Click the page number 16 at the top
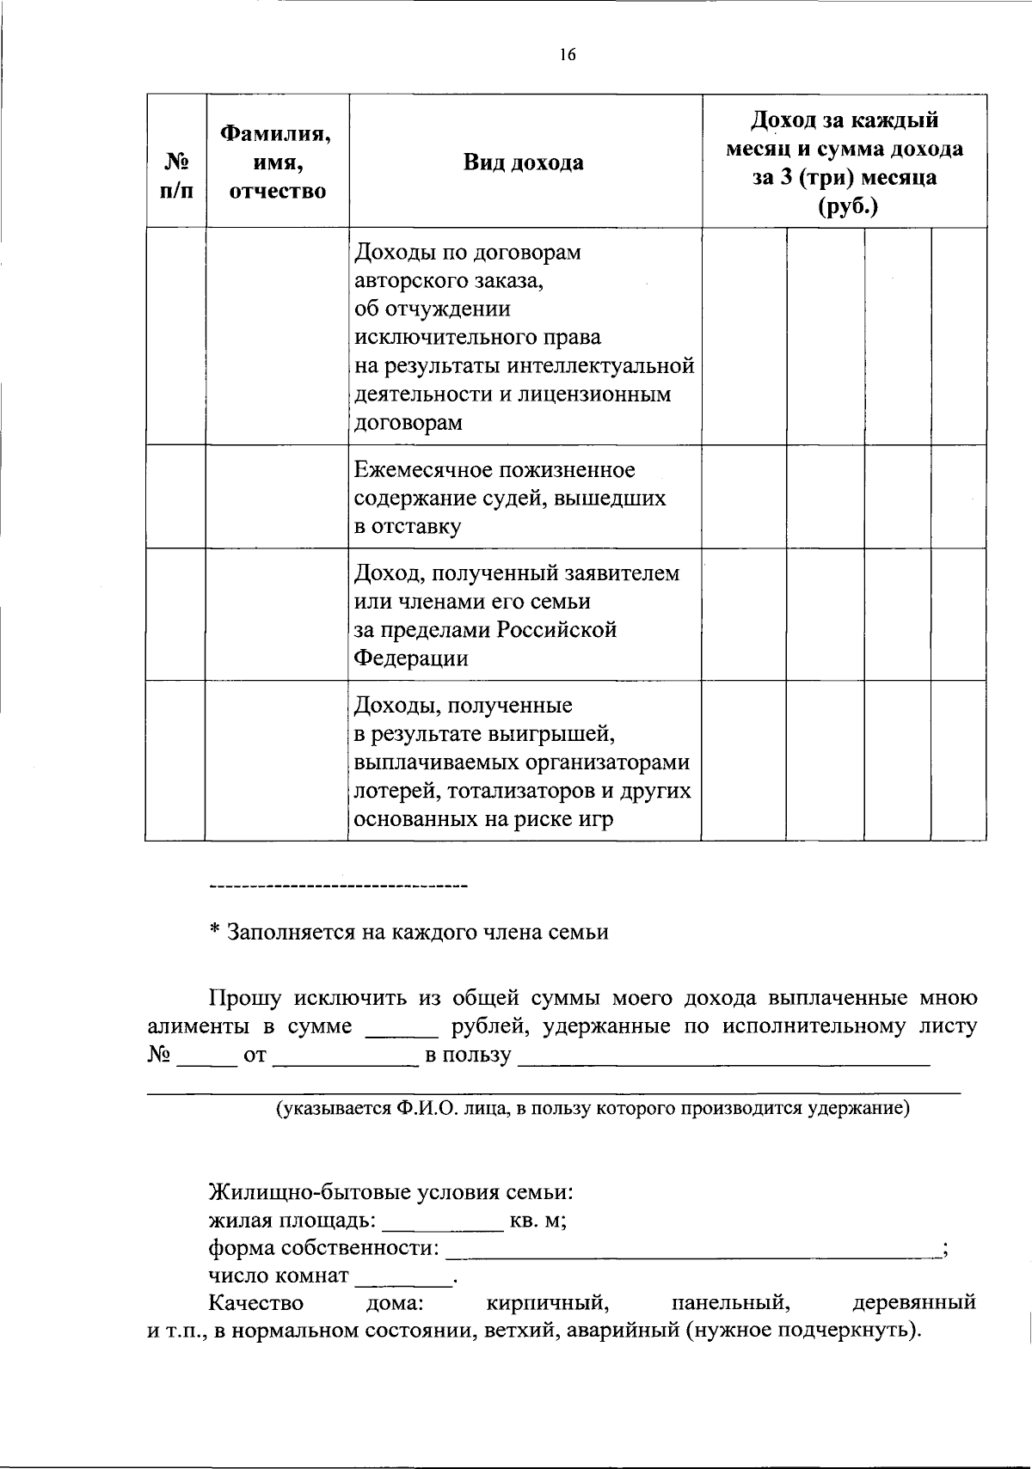(x=566, y=55)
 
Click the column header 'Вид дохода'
(x=523, y=162)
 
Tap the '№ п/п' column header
(x=175, y=176)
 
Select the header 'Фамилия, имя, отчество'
(x=277, y=162)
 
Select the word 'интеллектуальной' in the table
(x=600, y=366)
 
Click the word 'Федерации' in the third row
(x=412, y=658)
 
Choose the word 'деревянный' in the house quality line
(x=913, y=1303)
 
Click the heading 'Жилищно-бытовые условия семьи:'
(x=391, y=1193)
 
